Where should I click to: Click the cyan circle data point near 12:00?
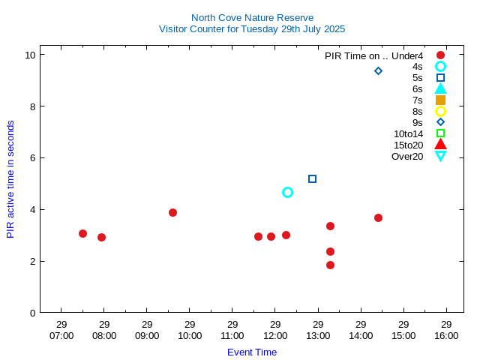tap(287, 193)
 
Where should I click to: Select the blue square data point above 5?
tap(313, 178)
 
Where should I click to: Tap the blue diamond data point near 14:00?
tap(378, 71)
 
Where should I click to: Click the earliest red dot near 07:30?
tap(82, 234)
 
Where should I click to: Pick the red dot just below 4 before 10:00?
tap(172, 213)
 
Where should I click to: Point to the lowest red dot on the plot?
tap(330, 265)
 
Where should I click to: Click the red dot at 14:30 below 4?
tap(378, 218)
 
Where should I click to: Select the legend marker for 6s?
tap(440, 88)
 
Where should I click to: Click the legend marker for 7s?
tap(440, 100)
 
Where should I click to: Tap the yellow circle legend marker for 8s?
tap(440, 111)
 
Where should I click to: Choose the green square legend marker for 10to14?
tap(440, 133)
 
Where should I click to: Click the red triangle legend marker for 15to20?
tap(440, 145)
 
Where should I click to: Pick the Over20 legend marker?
tap(440, 156)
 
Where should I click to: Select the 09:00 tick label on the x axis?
tap(147, 330)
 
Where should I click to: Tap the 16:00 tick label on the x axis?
tap(446, 330)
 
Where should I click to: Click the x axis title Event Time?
tap(252, 352)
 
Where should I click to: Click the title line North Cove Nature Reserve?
tap(252, 17)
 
